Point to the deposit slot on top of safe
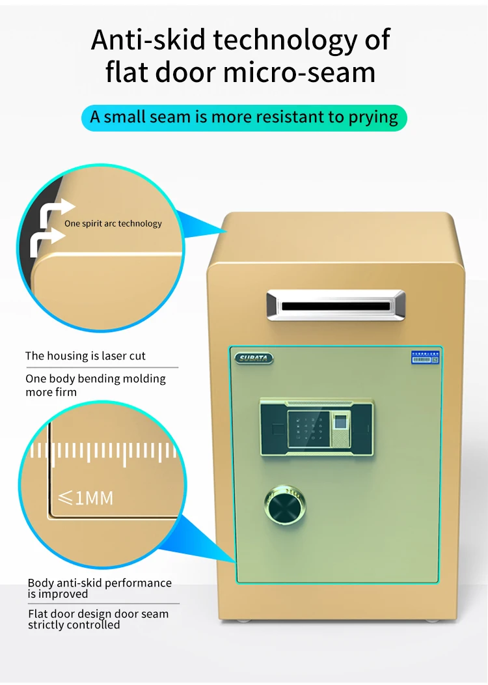(x=335, y=305)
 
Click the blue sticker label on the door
(x=425, y=357)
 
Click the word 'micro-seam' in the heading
(x=299, y=72)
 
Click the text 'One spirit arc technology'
(x=113, y=223)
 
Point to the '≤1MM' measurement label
(x=86, y=499)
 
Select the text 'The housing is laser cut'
(x=85, y=356)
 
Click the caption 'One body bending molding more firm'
(x=96, y=385)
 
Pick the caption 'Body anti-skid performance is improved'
(x=100, y=588)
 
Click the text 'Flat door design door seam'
(x=98, y=613)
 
